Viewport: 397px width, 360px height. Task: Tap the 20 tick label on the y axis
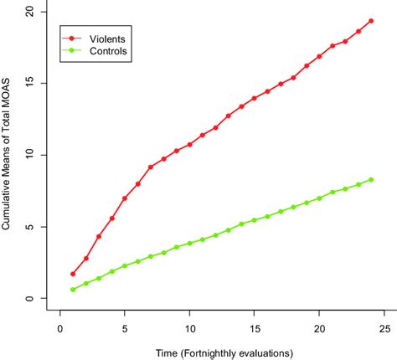tap(29, 12)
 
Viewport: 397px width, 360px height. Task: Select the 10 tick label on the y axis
tap(29, 155)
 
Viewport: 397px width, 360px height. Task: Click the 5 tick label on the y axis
tap(29, 227)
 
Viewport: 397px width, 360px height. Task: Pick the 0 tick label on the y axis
tap(29, 299)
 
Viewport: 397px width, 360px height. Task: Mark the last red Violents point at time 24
tap(371, 21)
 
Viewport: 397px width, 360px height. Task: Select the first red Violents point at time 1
tap(73, 274)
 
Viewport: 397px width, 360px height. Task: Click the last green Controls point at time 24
tap(371, 179)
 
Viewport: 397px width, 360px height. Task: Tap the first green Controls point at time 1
tap(73, 290)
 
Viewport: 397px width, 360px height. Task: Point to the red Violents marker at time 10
tap(189, 145)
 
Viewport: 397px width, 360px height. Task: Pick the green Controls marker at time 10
tap(189, 244)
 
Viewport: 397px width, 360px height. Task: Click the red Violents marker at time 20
tap(319, 56)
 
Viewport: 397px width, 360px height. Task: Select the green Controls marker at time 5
tap(125, 266)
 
